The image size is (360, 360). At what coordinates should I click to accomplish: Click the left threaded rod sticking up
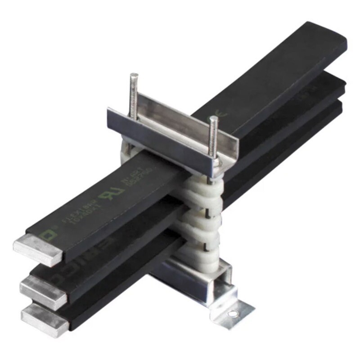click(134, 94)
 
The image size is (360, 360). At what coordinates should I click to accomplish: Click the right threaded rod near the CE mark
click(213, 135)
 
